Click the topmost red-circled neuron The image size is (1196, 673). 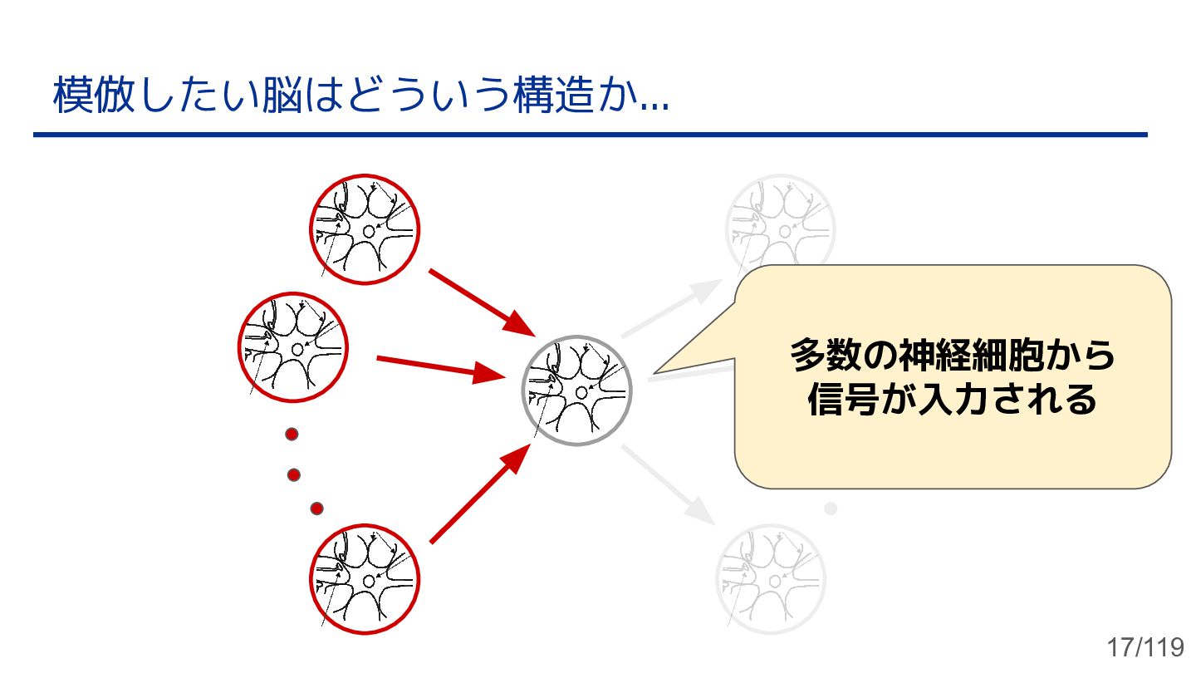coord(365,228)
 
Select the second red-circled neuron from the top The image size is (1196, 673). coord(293,347)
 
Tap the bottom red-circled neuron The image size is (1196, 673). coord(365,578)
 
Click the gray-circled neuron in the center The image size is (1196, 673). coord(576,391)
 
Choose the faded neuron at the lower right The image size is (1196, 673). coord(771,579)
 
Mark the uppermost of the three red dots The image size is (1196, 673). coord(292,434)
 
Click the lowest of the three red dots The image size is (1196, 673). coord(316,508)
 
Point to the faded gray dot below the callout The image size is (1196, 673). coord(831,508)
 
